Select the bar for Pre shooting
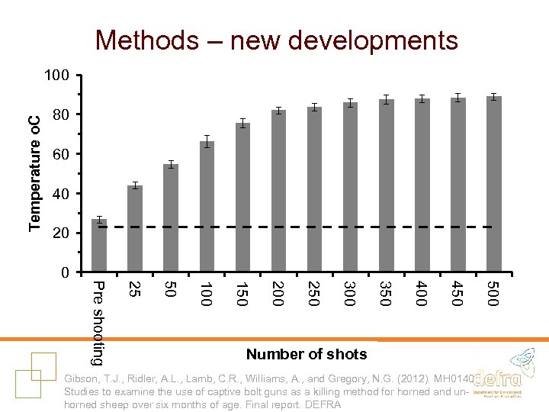coord(99,246)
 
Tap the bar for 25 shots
coord(135,229)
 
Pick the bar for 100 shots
coord(207,206)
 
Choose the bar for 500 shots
coord(494,185)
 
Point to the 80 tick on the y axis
coord(61,114)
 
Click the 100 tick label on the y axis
coord(57,76)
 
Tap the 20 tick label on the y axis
coord(61,233)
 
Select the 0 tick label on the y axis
coord(65,272)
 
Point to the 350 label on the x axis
coord(386,295)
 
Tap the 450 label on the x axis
coord(457,295)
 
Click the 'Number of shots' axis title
coord(307,354)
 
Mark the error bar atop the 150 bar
coord(242,123)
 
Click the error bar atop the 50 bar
coord(171,164)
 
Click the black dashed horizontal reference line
coord(305,227)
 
